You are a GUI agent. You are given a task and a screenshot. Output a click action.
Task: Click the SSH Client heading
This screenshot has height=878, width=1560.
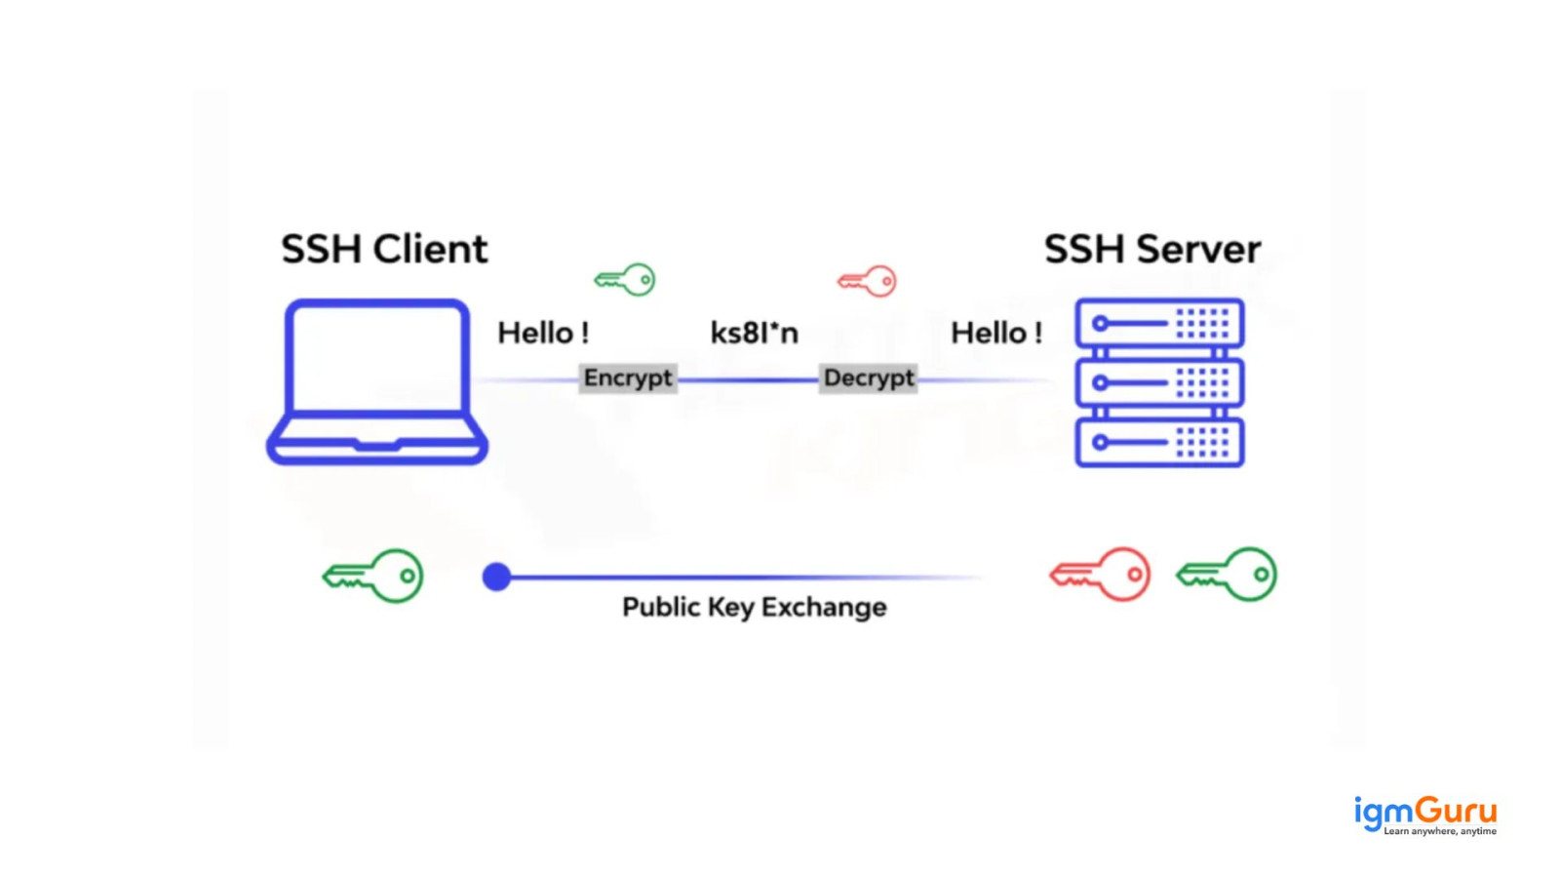click(x=384, y=250)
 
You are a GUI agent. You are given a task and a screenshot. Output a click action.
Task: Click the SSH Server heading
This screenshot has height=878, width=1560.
click(x=1151, y=250)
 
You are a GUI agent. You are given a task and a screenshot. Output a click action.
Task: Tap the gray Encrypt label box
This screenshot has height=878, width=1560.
click(x=628, y=379)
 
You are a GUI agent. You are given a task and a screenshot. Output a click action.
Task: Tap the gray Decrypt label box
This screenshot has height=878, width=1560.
click(x=868, y=379)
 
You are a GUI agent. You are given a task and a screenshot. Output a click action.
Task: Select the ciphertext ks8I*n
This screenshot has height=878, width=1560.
click(x=754, y=334)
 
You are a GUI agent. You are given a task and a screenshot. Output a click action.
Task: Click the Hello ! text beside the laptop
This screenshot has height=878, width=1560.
click(x=543, y=334)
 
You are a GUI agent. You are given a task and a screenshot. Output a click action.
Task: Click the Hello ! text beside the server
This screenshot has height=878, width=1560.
click(x=996, y=334)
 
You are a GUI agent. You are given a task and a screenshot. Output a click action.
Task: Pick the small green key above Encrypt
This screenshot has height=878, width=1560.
click(x=625, y=280)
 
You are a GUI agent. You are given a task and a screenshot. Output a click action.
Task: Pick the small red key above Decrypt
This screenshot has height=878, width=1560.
click(x=867, y=281)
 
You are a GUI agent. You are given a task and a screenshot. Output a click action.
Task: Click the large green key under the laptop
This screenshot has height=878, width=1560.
click(x=373, y=576)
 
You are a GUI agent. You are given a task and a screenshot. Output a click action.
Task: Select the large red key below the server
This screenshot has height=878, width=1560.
click(x=1100, y=574)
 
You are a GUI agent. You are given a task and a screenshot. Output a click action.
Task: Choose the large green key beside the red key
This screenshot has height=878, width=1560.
click(x=1227, y=574)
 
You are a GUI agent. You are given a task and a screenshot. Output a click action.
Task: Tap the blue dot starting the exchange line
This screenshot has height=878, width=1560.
click(x=496, y=578)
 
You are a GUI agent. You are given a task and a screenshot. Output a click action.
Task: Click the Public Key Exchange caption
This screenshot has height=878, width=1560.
click(x=754, y=607)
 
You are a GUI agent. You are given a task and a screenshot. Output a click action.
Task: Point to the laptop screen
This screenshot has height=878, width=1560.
click(x=377, y=357)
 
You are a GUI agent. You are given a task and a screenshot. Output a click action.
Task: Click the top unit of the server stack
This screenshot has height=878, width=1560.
click(x=1159, y=323)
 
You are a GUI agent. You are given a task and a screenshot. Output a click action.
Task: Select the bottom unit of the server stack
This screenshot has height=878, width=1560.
click(x=1159, y=443)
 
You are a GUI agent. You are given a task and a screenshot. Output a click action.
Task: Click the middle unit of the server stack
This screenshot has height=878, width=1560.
click(x=1159, y=382)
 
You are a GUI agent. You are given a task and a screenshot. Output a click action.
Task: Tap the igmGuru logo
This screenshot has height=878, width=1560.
click(x=1424, y=815)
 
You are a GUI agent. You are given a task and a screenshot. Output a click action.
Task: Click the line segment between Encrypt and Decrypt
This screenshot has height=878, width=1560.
click(x=748, y=379)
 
